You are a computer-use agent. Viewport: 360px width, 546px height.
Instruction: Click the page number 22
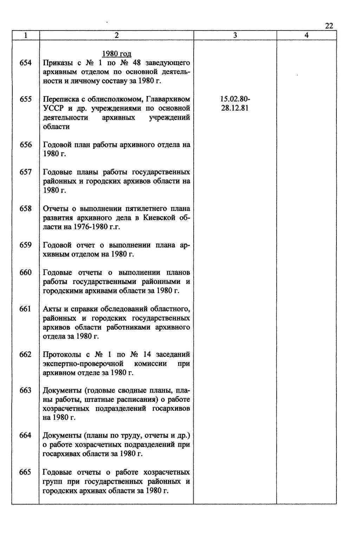tap(329, 26)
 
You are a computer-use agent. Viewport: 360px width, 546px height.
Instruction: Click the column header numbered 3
tap(235, 35)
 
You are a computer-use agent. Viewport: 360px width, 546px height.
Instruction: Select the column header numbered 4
tap(307, 35)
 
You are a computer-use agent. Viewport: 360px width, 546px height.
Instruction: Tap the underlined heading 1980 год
tap(116, 54)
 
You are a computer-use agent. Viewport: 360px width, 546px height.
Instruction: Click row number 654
tap(26, 63)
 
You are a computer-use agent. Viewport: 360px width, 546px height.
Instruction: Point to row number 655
tap(26, 99)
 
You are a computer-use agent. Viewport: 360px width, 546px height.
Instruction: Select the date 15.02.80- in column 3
tap(235, 99)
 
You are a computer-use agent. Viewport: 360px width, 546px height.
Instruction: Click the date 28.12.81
tap(235, 108)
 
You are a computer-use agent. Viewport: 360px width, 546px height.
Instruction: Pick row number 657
tap(26, 172)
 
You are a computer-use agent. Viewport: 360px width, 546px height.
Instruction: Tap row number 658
tap(26, 208)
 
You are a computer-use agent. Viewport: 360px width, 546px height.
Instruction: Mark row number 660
tap(26, 272)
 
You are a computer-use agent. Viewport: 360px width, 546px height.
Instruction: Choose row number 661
tap(26, 309)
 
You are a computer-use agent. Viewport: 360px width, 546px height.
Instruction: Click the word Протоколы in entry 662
tap(62, 354)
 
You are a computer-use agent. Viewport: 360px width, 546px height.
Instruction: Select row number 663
tap(26, 391)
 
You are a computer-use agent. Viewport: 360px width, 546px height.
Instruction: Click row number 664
tap(26, 435)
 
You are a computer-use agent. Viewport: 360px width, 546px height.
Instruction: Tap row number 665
tap(26, 472)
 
